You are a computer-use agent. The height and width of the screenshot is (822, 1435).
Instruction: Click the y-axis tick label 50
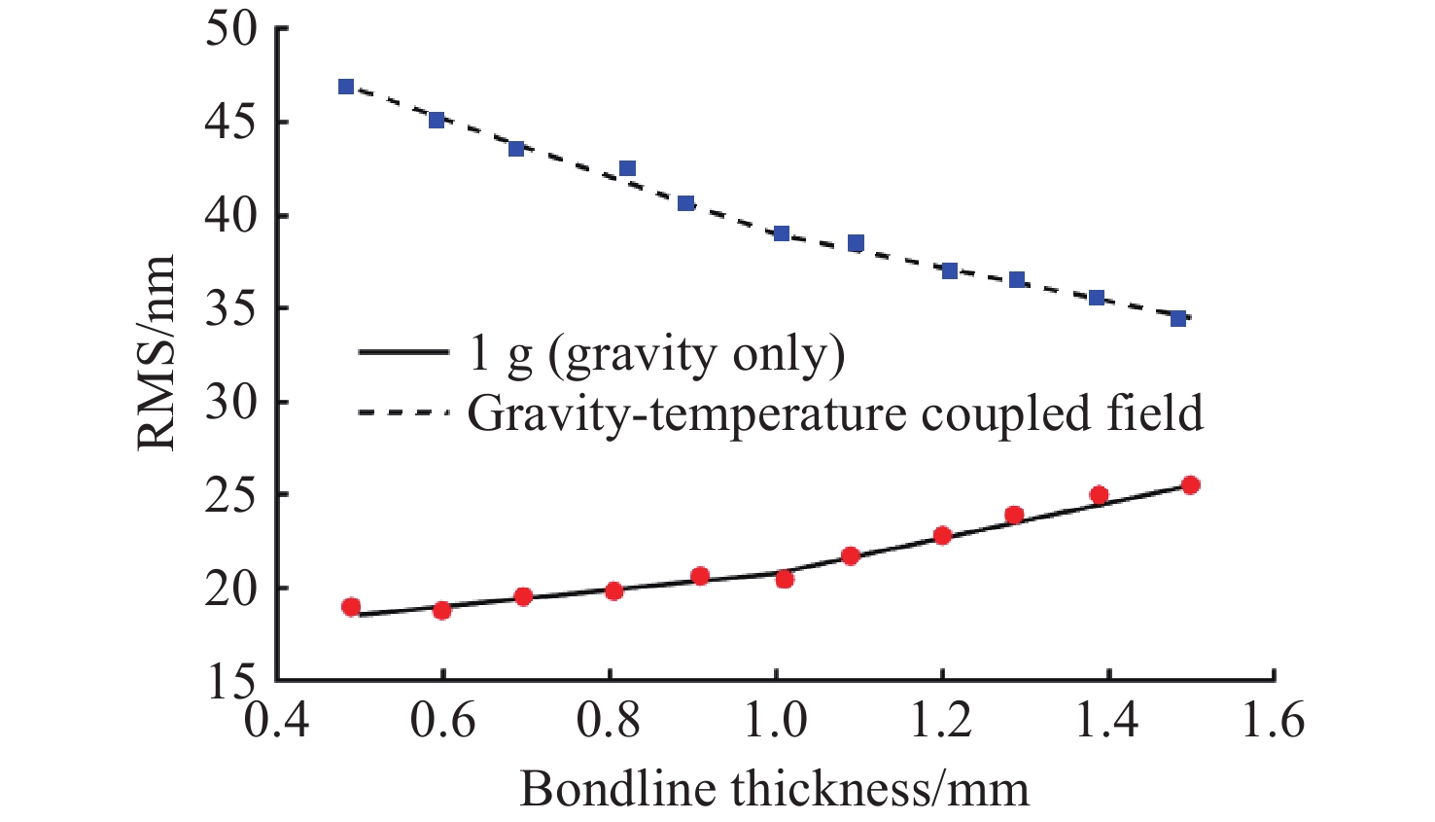(231, 29)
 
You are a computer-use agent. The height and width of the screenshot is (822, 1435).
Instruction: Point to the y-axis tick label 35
(231, 309)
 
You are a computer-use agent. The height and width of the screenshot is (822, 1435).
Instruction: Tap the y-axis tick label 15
(231, 682)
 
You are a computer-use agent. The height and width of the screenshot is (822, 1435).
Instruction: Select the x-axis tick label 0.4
(277, 722)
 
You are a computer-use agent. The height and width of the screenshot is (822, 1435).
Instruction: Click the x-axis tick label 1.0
(775, 722)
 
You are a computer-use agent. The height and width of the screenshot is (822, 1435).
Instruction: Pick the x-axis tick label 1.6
(1273, 722)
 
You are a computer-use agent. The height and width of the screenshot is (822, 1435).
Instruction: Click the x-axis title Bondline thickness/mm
(774, 788)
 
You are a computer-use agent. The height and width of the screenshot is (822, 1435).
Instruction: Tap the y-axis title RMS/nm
(156, 353)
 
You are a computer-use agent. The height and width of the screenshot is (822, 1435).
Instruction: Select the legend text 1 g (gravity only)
(656, 353)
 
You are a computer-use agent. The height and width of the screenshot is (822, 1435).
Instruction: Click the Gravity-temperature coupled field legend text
(835, 413)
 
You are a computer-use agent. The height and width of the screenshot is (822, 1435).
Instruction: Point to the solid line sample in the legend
(402, 352)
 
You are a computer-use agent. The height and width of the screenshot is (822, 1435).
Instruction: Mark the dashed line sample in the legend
(402, 412)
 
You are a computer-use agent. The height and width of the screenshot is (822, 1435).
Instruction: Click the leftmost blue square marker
(346, 87)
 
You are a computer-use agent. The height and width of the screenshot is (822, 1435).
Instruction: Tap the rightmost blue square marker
(1178, 318)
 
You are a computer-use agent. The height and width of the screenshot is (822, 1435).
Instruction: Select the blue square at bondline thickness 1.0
(782, 233)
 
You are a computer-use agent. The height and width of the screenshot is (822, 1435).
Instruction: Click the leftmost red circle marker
(351, 607)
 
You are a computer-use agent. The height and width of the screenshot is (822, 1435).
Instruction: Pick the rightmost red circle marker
(1190, 484)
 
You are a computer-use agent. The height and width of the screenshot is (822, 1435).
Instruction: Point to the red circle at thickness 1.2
(941, 535)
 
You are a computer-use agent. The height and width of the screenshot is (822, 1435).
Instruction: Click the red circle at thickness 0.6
(441, 610)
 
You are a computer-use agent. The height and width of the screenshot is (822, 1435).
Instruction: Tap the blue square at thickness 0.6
(437, 120)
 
